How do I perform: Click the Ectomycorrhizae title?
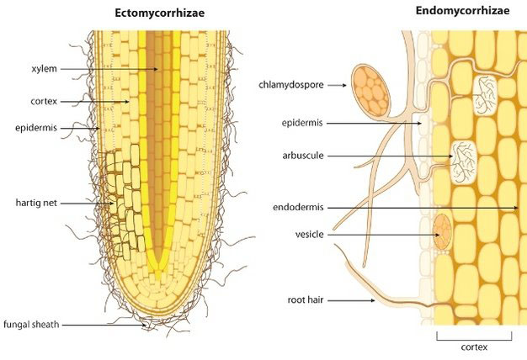click(x=160, y=14)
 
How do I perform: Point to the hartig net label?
click(x=37, y=204)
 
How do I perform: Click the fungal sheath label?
click(x=30, y=324)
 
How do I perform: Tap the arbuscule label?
click(x=301, y=156)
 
